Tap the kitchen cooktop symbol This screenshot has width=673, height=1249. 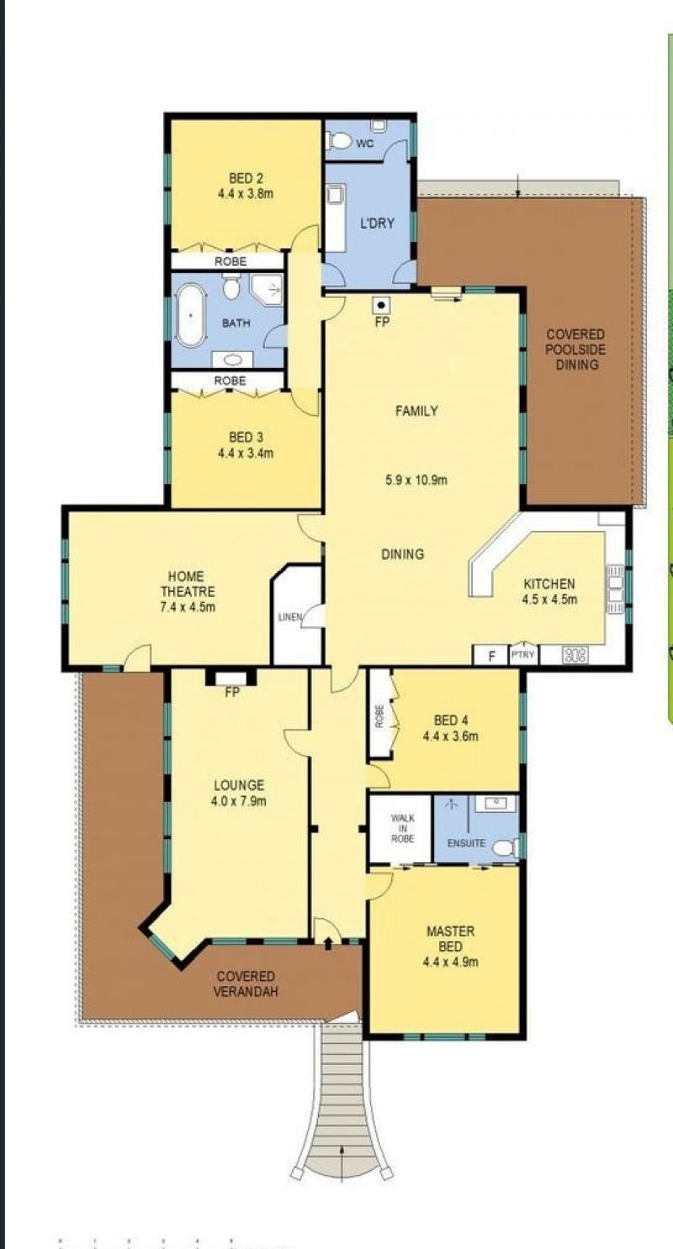click(575, 655)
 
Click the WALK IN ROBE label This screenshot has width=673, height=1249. click(402, 827)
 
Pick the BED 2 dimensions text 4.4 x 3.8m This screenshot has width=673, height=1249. click(246, 193)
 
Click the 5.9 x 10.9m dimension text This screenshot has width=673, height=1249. click(416, 481)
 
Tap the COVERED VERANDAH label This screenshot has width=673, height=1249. click(245, 983)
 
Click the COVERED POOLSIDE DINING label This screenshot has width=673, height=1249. click(575, 349)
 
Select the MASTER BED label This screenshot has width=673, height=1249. click(450, 938)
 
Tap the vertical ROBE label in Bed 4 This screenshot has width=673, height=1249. click(379, 717)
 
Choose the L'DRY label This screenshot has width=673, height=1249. click(371, 224)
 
